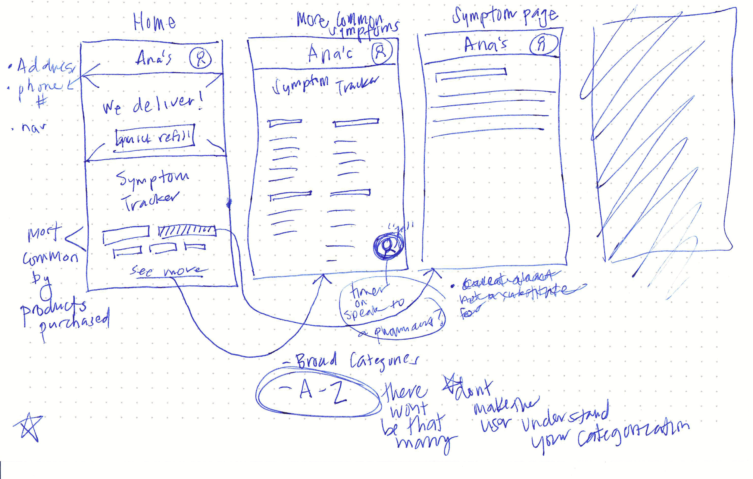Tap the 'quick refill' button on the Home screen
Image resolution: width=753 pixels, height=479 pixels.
pyautogui.click(x=155, y=138)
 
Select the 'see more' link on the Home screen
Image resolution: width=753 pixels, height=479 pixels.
pyautogui.click(x=169, y=271)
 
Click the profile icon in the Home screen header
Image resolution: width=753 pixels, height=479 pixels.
pyautogui.click(x=200, y=58)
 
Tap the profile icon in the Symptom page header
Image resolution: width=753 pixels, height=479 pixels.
pyautogui.click(x=543, y=44)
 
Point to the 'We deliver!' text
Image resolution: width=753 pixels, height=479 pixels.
pyautogui.click(x=153, y=105)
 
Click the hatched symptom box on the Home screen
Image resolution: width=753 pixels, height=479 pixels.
pyautogui.click(x=187, y=231)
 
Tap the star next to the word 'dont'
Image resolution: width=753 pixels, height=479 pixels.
pyautogui.click(x=451, y=384)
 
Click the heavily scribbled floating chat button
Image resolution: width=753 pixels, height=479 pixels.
pyautogui.click(x=389, y=245)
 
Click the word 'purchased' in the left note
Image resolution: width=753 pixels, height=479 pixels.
pyautogui.click(x=74, y=324)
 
